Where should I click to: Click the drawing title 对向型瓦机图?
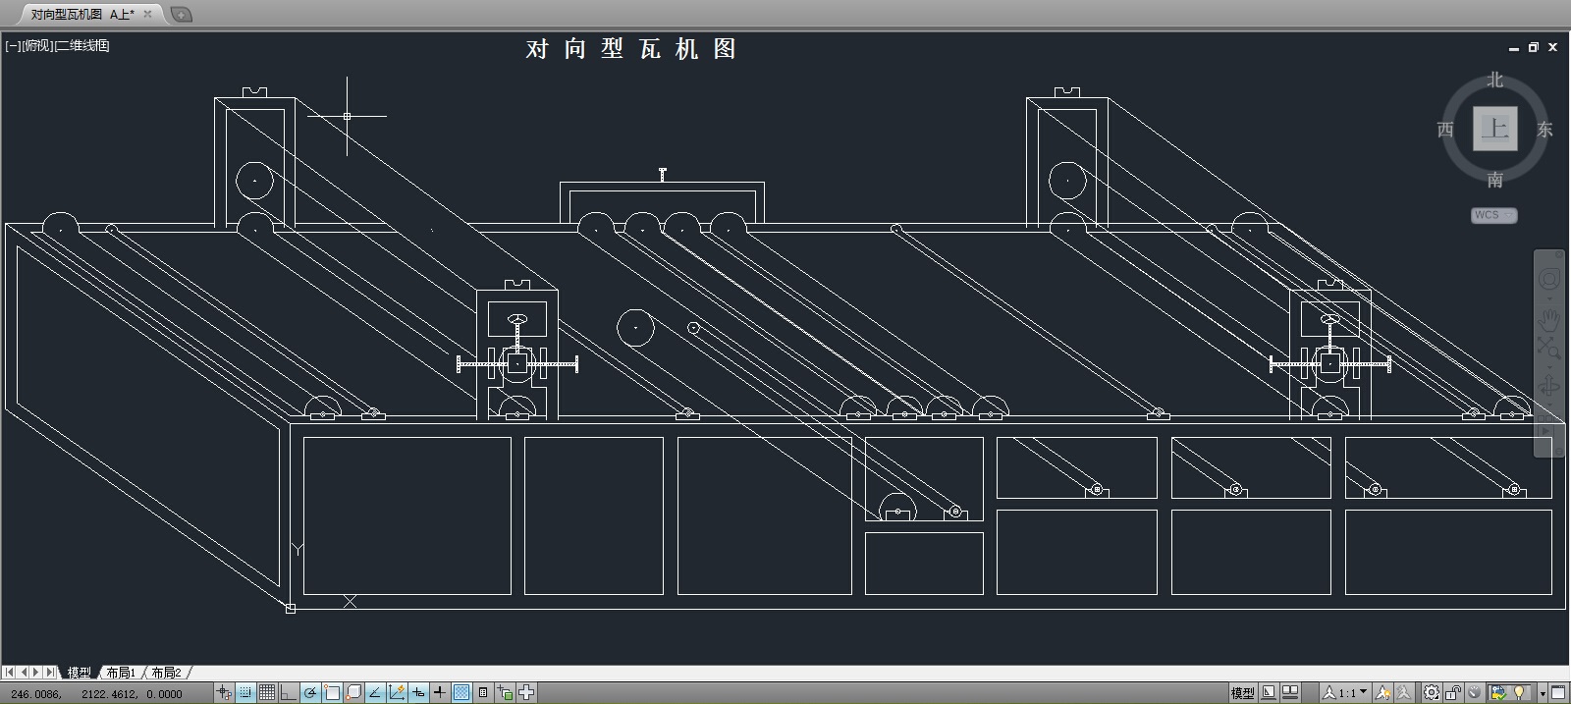pyautogui.click(x=630, y=49)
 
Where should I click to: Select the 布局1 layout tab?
pyautogui.click(x=121, y=673)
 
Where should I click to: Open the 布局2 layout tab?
pyautogui.click(x=166, y=673)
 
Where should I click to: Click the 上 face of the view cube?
pyautogui.click(x=1494, y=129)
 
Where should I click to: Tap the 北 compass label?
pyautogui.click(x=1494, y=81)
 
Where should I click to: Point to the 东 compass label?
pyautogui.click(x=1544, y=130)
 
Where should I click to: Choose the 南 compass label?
pyautogui.click(x=1494, y=180)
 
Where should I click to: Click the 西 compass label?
pyautogui.click(x=1445, y=130)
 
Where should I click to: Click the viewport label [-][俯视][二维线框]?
pyautogui.click(x=57, y=45)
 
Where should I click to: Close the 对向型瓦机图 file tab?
pyautogui.click(x=148, y=14)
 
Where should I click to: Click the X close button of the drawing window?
pyautogui.click(x=1552, y=47)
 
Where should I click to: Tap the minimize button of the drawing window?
pyautogui.click(x=1514, y=48)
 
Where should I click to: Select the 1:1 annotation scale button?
pyautogui.click(x=1345, y=693)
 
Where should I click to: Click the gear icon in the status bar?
pyautogui.click(x=1432, y=693)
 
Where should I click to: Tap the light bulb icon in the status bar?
pyautogui.click(x=1520, y=693)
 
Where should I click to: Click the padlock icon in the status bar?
pyautogui.click(x=1453, y=693)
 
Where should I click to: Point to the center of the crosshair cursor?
pyautogui.click(x=347, y=116)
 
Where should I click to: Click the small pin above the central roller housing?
pyautogui.click(x=663, y=175)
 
